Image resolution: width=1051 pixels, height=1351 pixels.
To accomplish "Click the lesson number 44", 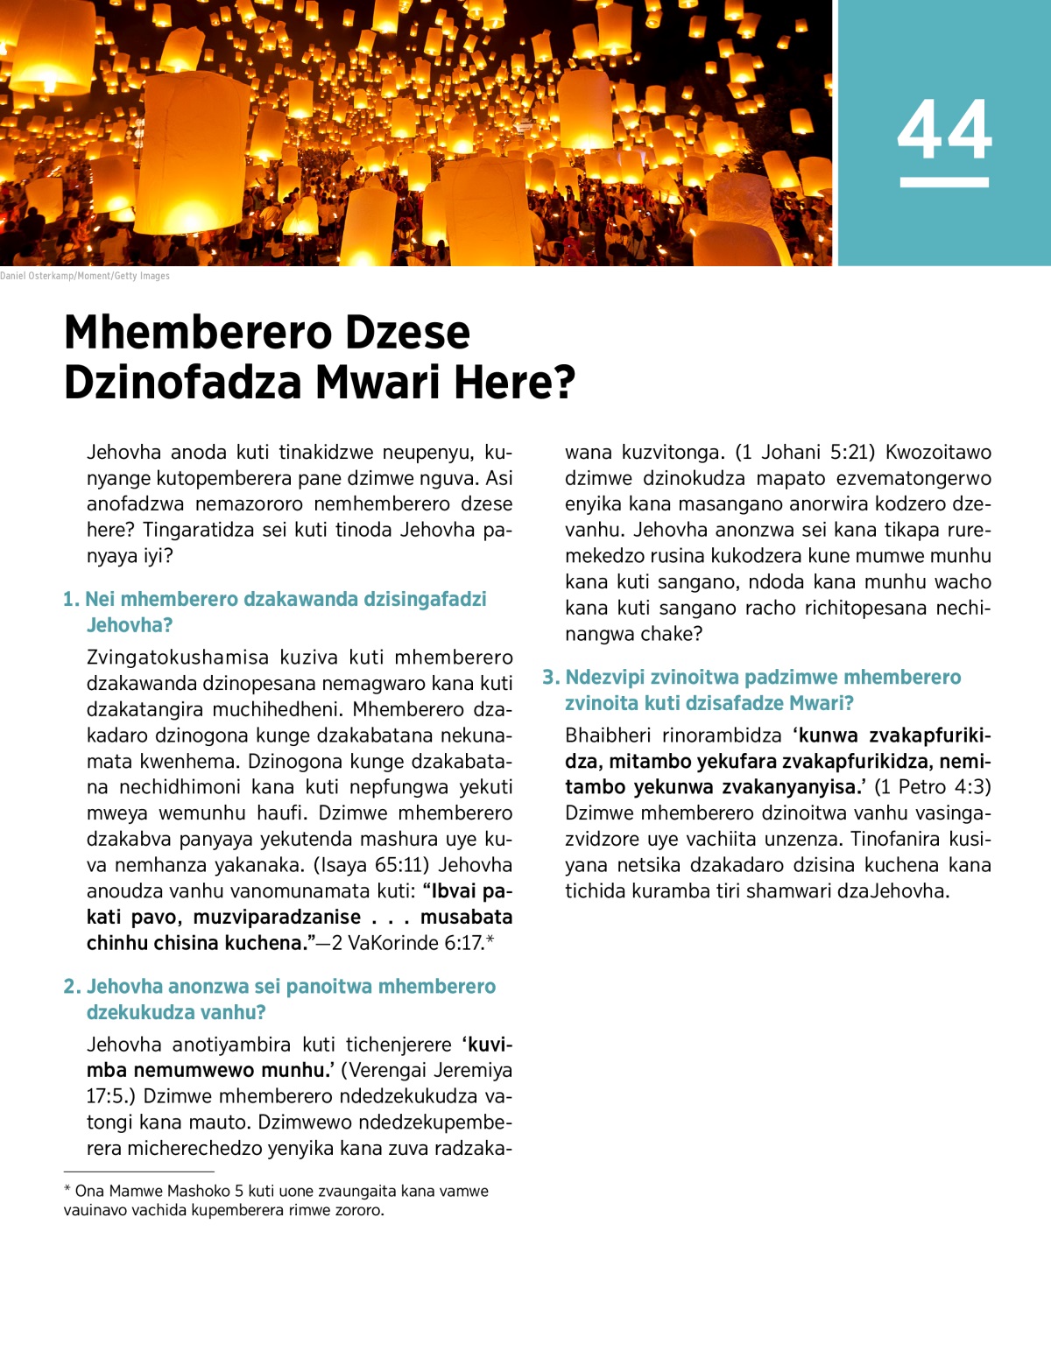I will [x=944, y=130].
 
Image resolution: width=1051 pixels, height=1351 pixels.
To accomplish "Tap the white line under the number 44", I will [x=944, y=182].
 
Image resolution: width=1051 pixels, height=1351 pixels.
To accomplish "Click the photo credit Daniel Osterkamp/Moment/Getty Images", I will [x=85, y=276].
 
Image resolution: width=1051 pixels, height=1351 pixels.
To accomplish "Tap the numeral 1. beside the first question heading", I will [x=71, y=600].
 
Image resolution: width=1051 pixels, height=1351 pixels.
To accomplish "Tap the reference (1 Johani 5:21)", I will [x=804, y=453].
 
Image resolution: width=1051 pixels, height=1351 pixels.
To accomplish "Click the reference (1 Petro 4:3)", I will [x=933, y=787].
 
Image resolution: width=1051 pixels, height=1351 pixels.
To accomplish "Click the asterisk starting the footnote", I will [x=67, y=1190].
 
